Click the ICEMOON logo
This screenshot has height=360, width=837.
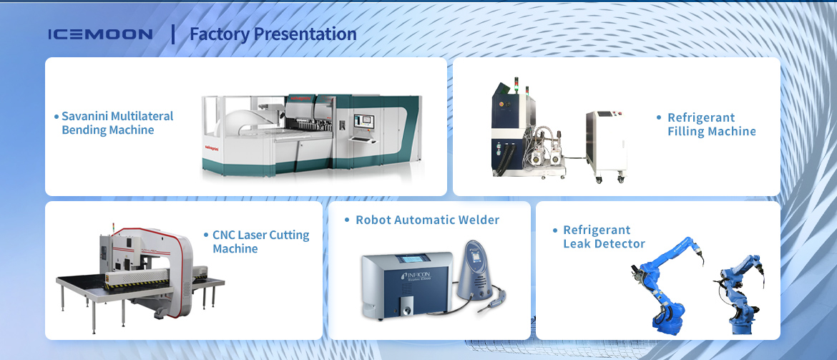click(x=100, y=34)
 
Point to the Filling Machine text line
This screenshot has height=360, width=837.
click(x=712, y=132)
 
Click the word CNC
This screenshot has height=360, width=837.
click(x=224, y=235)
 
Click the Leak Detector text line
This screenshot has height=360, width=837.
click(x=604, y=244)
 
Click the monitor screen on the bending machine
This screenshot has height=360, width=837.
click(x=364, y=121)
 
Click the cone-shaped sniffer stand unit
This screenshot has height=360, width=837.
click(x=476, y=271)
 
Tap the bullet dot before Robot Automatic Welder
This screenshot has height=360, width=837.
click(x=347, y=220)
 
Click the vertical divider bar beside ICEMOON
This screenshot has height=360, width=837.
click(x=173, y=34)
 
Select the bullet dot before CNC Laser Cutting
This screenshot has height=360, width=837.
click(x=207, y=235)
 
